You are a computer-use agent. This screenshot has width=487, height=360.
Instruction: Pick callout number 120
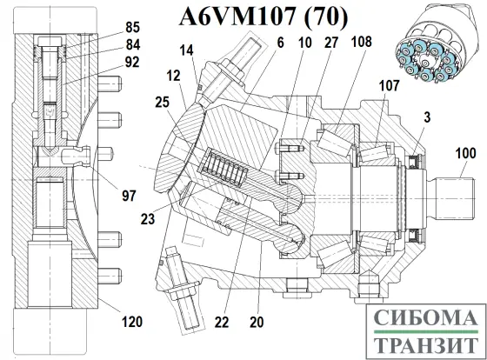tap(130, 323)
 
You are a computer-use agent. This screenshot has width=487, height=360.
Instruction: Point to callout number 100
tap(464, 154)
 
